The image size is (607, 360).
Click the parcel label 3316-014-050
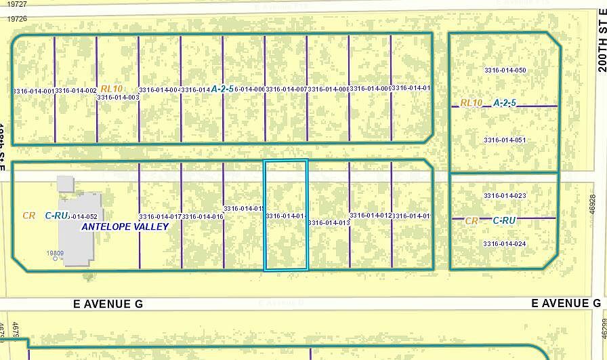(x=505, y=71)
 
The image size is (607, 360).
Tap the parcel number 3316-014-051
(x=505, y=140)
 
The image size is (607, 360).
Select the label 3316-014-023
(x=505, y=196)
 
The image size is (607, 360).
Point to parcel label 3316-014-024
(x=505, y=243)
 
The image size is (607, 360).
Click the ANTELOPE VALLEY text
(x=125, y=227)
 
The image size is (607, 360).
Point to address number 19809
(x=55, y=254)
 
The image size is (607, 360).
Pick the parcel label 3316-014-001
(x=33, y=90)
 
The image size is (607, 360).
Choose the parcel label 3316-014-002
(x=75, y=90)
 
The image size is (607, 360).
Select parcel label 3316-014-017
(x=161, y=216)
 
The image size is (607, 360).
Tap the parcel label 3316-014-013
(x=329, y=222)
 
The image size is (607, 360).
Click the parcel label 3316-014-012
(x=371, y=216)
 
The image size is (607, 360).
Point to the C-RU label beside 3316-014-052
(x=56, y=216)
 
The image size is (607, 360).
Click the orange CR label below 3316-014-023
(x=472, y=220)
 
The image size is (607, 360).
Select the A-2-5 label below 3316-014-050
(x=504, y=103)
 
